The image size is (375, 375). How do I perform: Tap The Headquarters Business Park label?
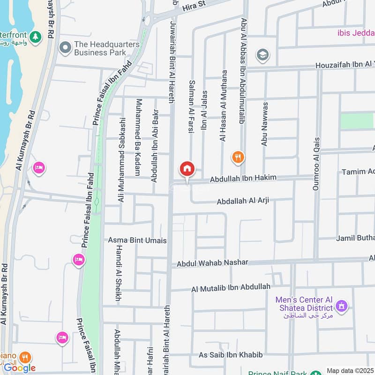(x=107, y=48)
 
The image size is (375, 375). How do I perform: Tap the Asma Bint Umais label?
(x=137, y=240)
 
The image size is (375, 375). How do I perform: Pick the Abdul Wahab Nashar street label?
(x=212, y=263)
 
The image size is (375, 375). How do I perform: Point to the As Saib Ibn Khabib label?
(x=231, y=355)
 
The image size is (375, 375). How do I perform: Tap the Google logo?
(x=20, y=367)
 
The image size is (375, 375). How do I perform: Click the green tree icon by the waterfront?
(x=35, y=36)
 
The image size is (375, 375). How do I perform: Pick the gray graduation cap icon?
(x=262, y=55)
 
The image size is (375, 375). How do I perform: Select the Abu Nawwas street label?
(x=264, y=124)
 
